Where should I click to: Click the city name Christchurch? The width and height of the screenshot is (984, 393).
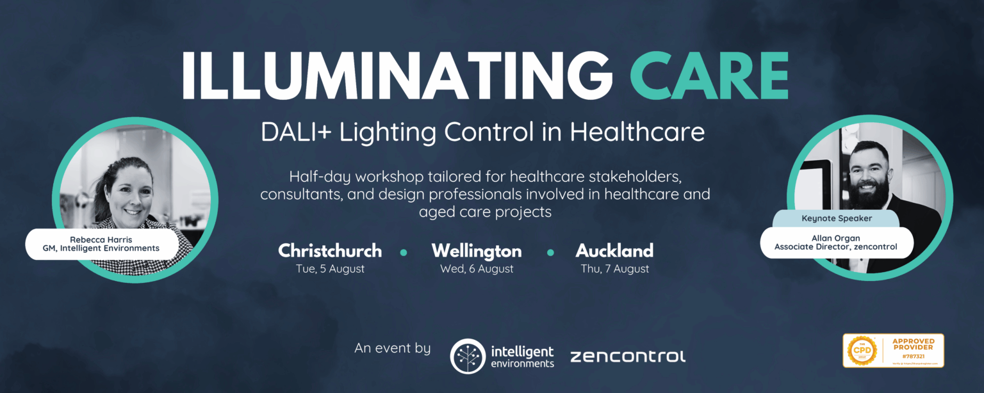point(330,250)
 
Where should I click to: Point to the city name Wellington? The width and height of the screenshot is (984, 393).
point(477,250)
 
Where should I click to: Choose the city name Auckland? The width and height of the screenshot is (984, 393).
point(614,250)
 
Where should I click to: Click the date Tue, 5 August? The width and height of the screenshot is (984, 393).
point(330,269)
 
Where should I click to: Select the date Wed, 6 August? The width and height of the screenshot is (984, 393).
point(477,269)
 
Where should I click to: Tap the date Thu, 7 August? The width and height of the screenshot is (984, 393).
point(614,269)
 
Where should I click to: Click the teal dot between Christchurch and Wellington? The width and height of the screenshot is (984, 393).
point(404,252)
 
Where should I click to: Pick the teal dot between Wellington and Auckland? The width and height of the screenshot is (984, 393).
point(550,252)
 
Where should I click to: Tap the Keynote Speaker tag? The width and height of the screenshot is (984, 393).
point(837,218)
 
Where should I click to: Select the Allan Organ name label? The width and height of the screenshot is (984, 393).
point(837,243)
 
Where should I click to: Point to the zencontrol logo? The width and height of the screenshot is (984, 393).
point(627,357)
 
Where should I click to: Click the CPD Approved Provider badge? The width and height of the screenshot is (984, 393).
point(893,351)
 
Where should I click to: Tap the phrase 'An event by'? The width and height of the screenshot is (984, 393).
point(393,349)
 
